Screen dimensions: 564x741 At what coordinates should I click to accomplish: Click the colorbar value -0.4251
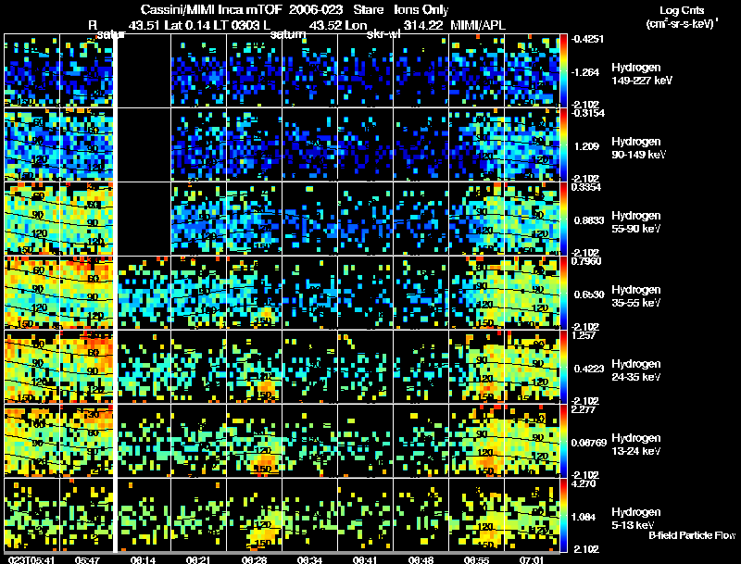590,39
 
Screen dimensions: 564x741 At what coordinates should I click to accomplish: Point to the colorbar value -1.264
588,71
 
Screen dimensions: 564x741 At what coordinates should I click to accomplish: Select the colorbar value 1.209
588,145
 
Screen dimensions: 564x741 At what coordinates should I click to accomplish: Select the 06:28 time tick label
255,559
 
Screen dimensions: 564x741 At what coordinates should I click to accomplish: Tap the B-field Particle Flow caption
692,535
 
